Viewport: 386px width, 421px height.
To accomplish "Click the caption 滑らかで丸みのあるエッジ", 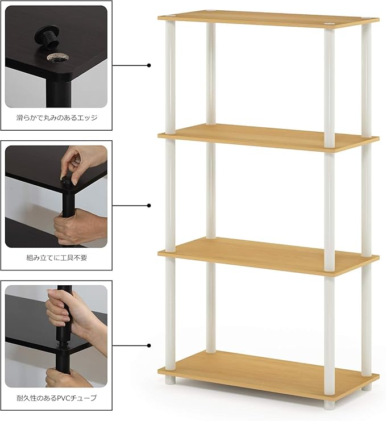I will click(57, 118).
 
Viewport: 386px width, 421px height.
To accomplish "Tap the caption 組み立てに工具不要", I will click(57, 257).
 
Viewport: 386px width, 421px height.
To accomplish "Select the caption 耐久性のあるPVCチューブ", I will click(57, 398).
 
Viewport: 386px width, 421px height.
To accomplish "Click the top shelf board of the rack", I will click(267, 19).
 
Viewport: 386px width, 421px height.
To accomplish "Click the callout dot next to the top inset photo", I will click(149, 65).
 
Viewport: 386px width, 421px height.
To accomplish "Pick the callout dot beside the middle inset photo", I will click(149, 205).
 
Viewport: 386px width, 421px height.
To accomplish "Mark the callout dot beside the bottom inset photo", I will click(149, 345).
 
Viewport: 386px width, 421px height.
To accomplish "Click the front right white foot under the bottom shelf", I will click(329, 403).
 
